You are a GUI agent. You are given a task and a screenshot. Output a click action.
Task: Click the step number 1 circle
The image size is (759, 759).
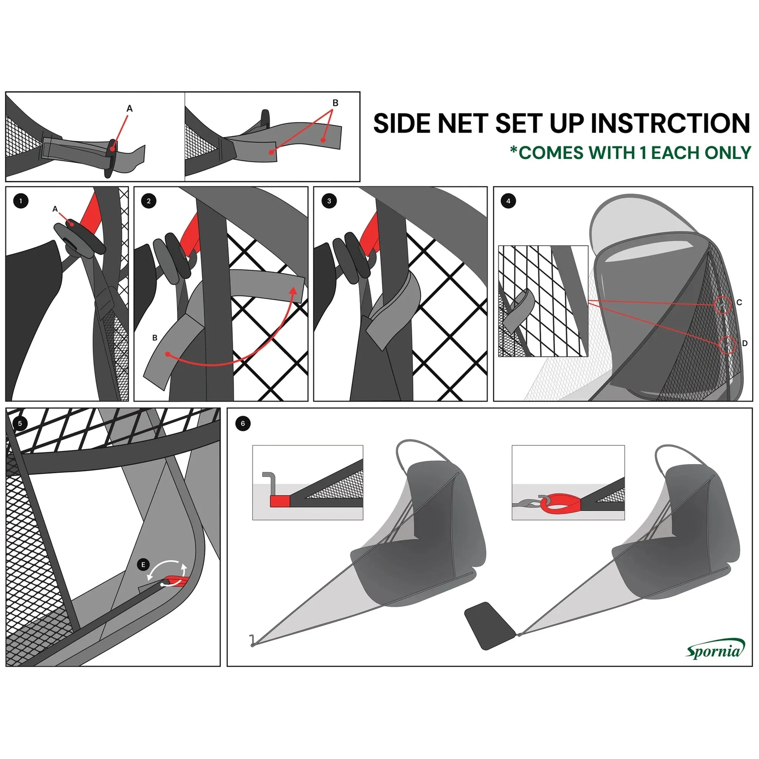tap(21, 201)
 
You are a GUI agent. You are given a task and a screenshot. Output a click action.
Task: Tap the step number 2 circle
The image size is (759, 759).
tap(149, 201)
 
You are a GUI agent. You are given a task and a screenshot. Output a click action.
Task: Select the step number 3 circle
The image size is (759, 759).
tap(329, 201)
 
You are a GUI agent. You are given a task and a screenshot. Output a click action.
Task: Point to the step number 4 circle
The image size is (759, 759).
tap(508, 201)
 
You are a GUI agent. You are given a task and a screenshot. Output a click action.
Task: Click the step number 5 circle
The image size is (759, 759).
tap(20, 424)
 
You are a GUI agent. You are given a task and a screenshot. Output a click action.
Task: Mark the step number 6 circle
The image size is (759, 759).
tap(243, 424)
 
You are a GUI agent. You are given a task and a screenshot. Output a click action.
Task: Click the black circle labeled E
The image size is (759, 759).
tap(143, 564)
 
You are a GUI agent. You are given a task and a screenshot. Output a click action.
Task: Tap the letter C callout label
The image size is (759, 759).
tap(739, 302)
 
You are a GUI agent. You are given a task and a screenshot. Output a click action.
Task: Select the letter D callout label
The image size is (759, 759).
tap(745, 343)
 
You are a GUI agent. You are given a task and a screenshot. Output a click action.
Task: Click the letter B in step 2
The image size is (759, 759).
tap(155, 338)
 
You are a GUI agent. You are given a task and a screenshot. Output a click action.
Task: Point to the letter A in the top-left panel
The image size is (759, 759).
tap(130, 109)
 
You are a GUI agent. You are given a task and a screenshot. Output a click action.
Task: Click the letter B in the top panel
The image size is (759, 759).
tap(335, 103)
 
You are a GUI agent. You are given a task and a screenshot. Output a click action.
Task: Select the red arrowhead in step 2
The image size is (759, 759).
tap(293, 290)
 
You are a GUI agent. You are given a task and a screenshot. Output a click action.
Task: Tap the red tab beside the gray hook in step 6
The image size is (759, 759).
tap(280, 501)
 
